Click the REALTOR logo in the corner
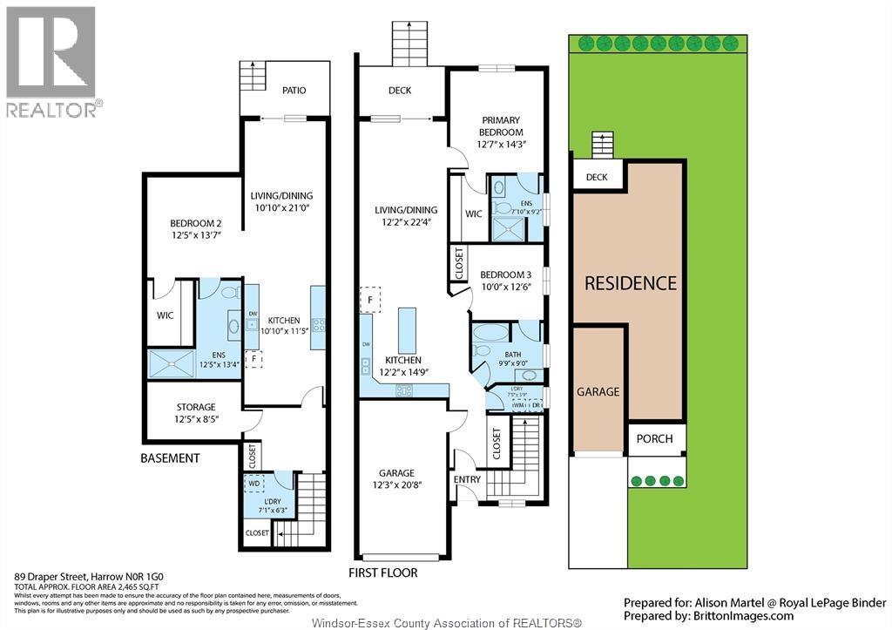51,61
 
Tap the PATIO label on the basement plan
294,91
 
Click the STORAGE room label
195,407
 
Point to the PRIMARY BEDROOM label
499,126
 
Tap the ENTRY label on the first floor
467,479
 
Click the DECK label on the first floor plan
400,91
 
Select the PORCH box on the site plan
654,438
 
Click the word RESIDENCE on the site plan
630,283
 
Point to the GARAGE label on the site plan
598,392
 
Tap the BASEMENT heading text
171,458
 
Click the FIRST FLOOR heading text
384,573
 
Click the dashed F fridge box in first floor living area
370,300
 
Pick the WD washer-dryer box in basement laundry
254,482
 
